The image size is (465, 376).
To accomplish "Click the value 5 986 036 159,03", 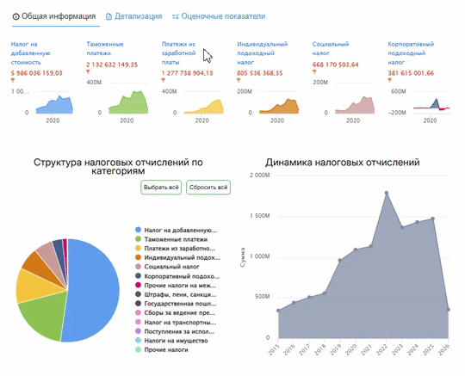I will (x=37, y=73).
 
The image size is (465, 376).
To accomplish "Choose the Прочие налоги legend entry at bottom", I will (x=167, y=351).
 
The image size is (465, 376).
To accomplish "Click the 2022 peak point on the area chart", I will (x=386, y=193).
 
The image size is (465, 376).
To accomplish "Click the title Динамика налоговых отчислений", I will (x=342, y=162).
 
